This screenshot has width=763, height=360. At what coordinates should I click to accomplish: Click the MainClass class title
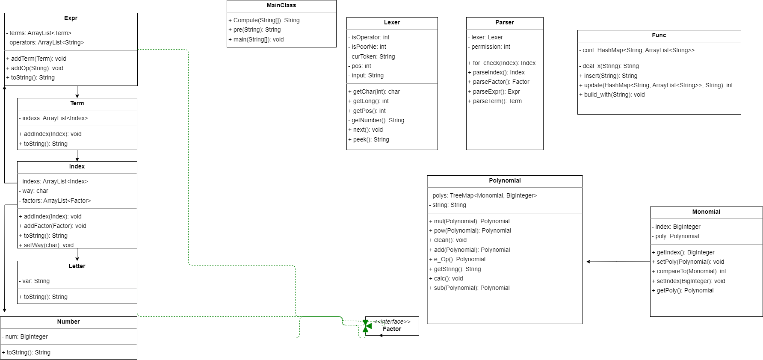pyautogui.click(x=281, y=6)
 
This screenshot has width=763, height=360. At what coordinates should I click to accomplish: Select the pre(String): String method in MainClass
pyautogui.click(x=254, y=30)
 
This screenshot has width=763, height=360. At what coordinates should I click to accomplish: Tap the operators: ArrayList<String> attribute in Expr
pyautogui.click(x=45, y=42)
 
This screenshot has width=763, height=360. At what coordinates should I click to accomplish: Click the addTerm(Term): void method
pyautogui.click(x=36, y=59)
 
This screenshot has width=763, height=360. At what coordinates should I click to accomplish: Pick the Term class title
pyautogui.click(x=77, y=103)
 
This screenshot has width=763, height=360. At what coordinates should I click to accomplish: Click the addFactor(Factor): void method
pyautogui.click(x=52, y=226)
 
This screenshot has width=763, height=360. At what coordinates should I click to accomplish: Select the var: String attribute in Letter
pyautogui.click(x=34, y=281)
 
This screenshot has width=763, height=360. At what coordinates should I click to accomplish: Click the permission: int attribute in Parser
pyautogui.click(x=489, y=47)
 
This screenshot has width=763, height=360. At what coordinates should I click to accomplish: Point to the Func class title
pyautogui.click(x=659, y=35)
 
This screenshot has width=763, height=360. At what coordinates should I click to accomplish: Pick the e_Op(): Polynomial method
pyautogui.click(x=457, y=259)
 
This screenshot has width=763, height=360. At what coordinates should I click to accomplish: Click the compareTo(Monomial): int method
pyautogui.click(x=689, y=271)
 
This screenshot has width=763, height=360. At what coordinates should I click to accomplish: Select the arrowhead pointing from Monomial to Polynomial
pyautogui.click(x=589, y=262)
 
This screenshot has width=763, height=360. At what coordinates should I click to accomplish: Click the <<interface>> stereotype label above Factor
pyautogui.click(x=392, y=322)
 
